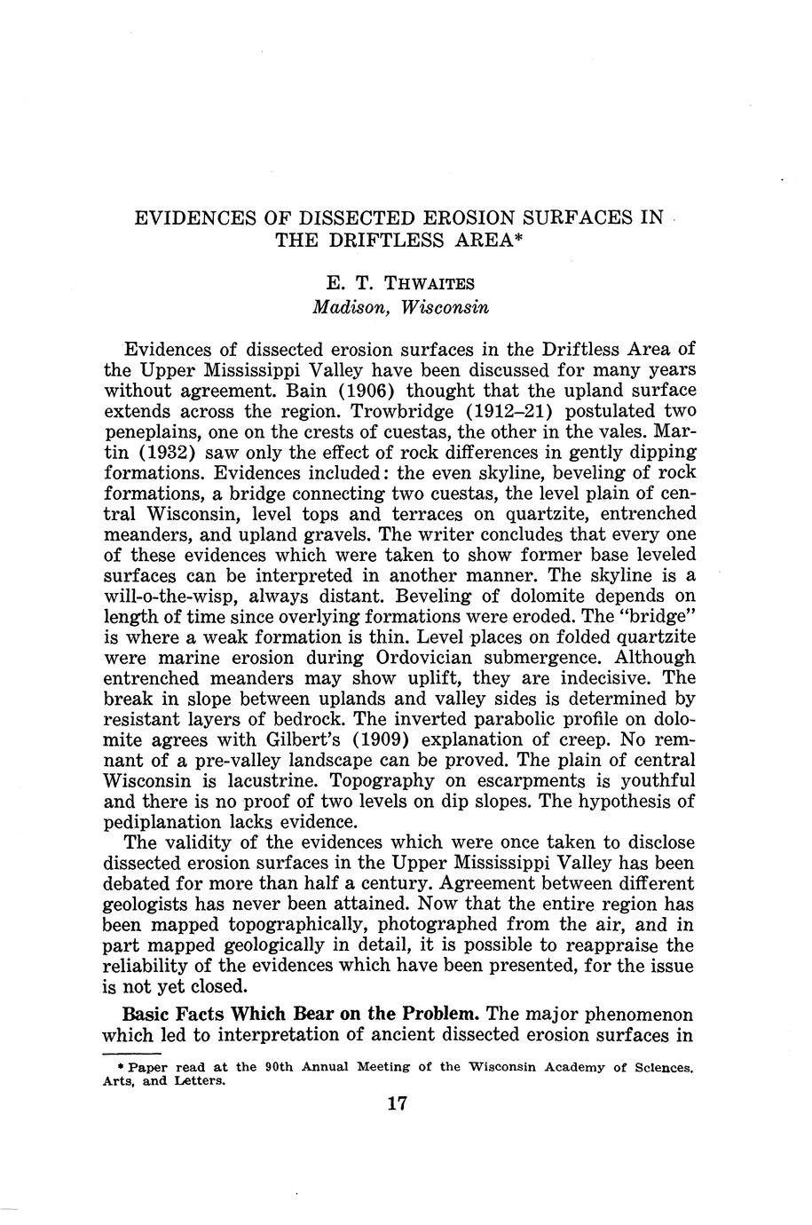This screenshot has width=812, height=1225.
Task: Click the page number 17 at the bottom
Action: pos(397,1103)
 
